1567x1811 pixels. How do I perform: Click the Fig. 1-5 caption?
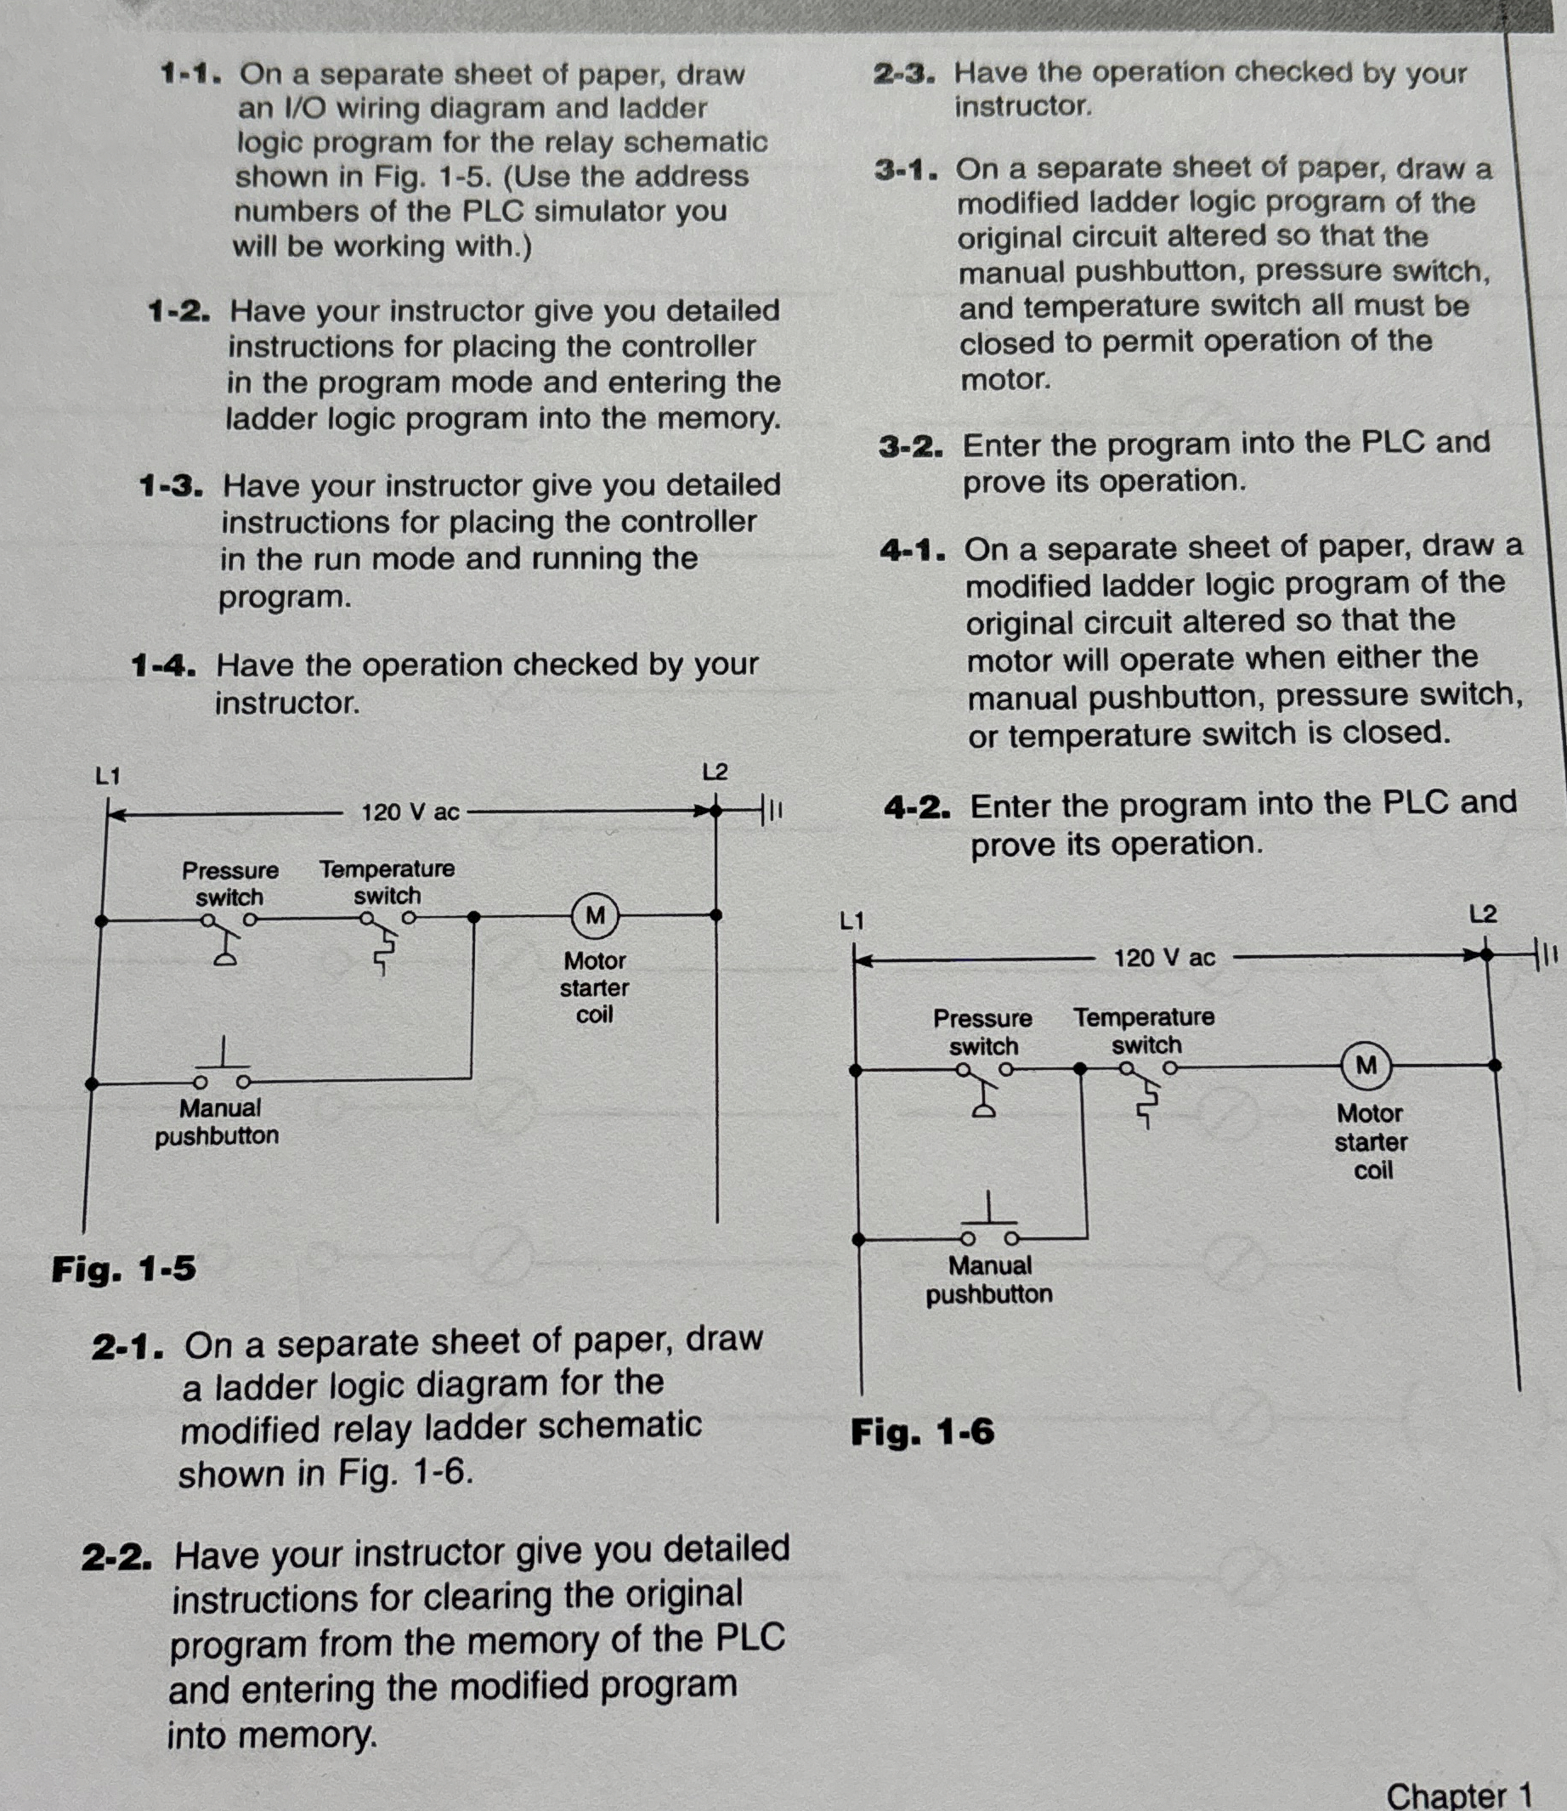pos(123,1269)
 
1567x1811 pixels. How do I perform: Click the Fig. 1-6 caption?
pos(923,1432)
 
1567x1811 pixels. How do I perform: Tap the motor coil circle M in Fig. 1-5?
pos(596,915)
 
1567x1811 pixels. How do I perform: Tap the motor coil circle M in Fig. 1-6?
pos(1366,1066)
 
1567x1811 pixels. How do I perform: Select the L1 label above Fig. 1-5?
pos(109,776)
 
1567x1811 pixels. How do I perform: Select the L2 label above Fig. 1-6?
pos(1483,914)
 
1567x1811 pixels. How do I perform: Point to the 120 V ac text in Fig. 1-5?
pos(410,812)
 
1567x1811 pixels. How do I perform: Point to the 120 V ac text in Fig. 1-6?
pos(1164,959)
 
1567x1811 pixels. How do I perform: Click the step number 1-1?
pos(190,73)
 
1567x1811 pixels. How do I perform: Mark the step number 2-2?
pos(117,1558)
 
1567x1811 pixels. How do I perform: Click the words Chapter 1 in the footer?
pos(1458,1794)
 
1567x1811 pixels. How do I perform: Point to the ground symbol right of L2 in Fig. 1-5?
pos(772,811)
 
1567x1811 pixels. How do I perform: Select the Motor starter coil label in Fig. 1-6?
pos(1370,1141)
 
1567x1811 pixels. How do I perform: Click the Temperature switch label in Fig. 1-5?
pos(387,882)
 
